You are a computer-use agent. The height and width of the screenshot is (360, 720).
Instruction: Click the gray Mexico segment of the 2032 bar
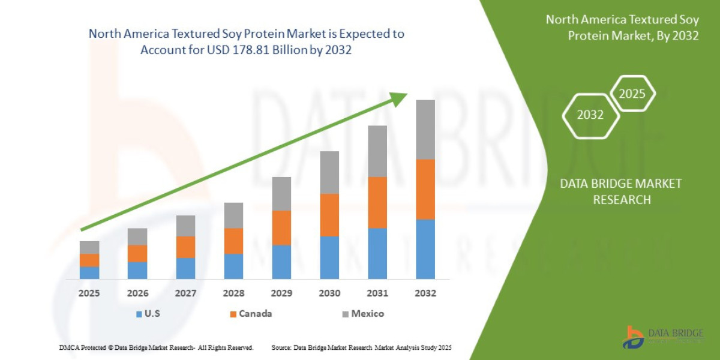425,129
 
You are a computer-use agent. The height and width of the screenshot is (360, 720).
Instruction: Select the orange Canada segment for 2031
377,202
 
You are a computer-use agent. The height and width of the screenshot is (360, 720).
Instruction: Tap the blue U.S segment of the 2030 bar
329,257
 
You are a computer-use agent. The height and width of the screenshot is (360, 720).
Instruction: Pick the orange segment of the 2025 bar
89,260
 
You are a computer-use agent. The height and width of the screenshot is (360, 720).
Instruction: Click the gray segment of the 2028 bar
233,215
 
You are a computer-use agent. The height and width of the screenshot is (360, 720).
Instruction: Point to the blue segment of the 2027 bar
185,268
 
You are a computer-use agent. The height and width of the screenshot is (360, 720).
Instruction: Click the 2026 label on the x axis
137,294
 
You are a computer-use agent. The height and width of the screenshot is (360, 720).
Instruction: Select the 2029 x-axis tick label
281,294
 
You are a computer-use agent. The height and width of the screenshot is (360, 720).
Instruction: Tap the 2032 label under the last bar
425,294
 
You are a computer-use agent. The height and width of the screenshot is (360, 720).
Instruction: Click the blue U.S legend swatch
139,314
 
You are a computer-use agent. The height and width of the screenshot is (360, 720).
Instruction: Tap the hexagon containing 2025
632,94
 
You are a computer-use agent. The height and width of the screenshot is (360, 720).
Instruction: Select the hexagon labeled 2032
590,115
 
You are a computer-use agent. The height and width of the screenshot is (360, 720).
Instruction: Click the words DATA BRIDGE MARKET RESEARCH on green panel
621,191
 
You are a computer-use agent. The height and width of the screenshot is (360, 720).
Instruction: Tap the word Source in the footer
282,347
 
